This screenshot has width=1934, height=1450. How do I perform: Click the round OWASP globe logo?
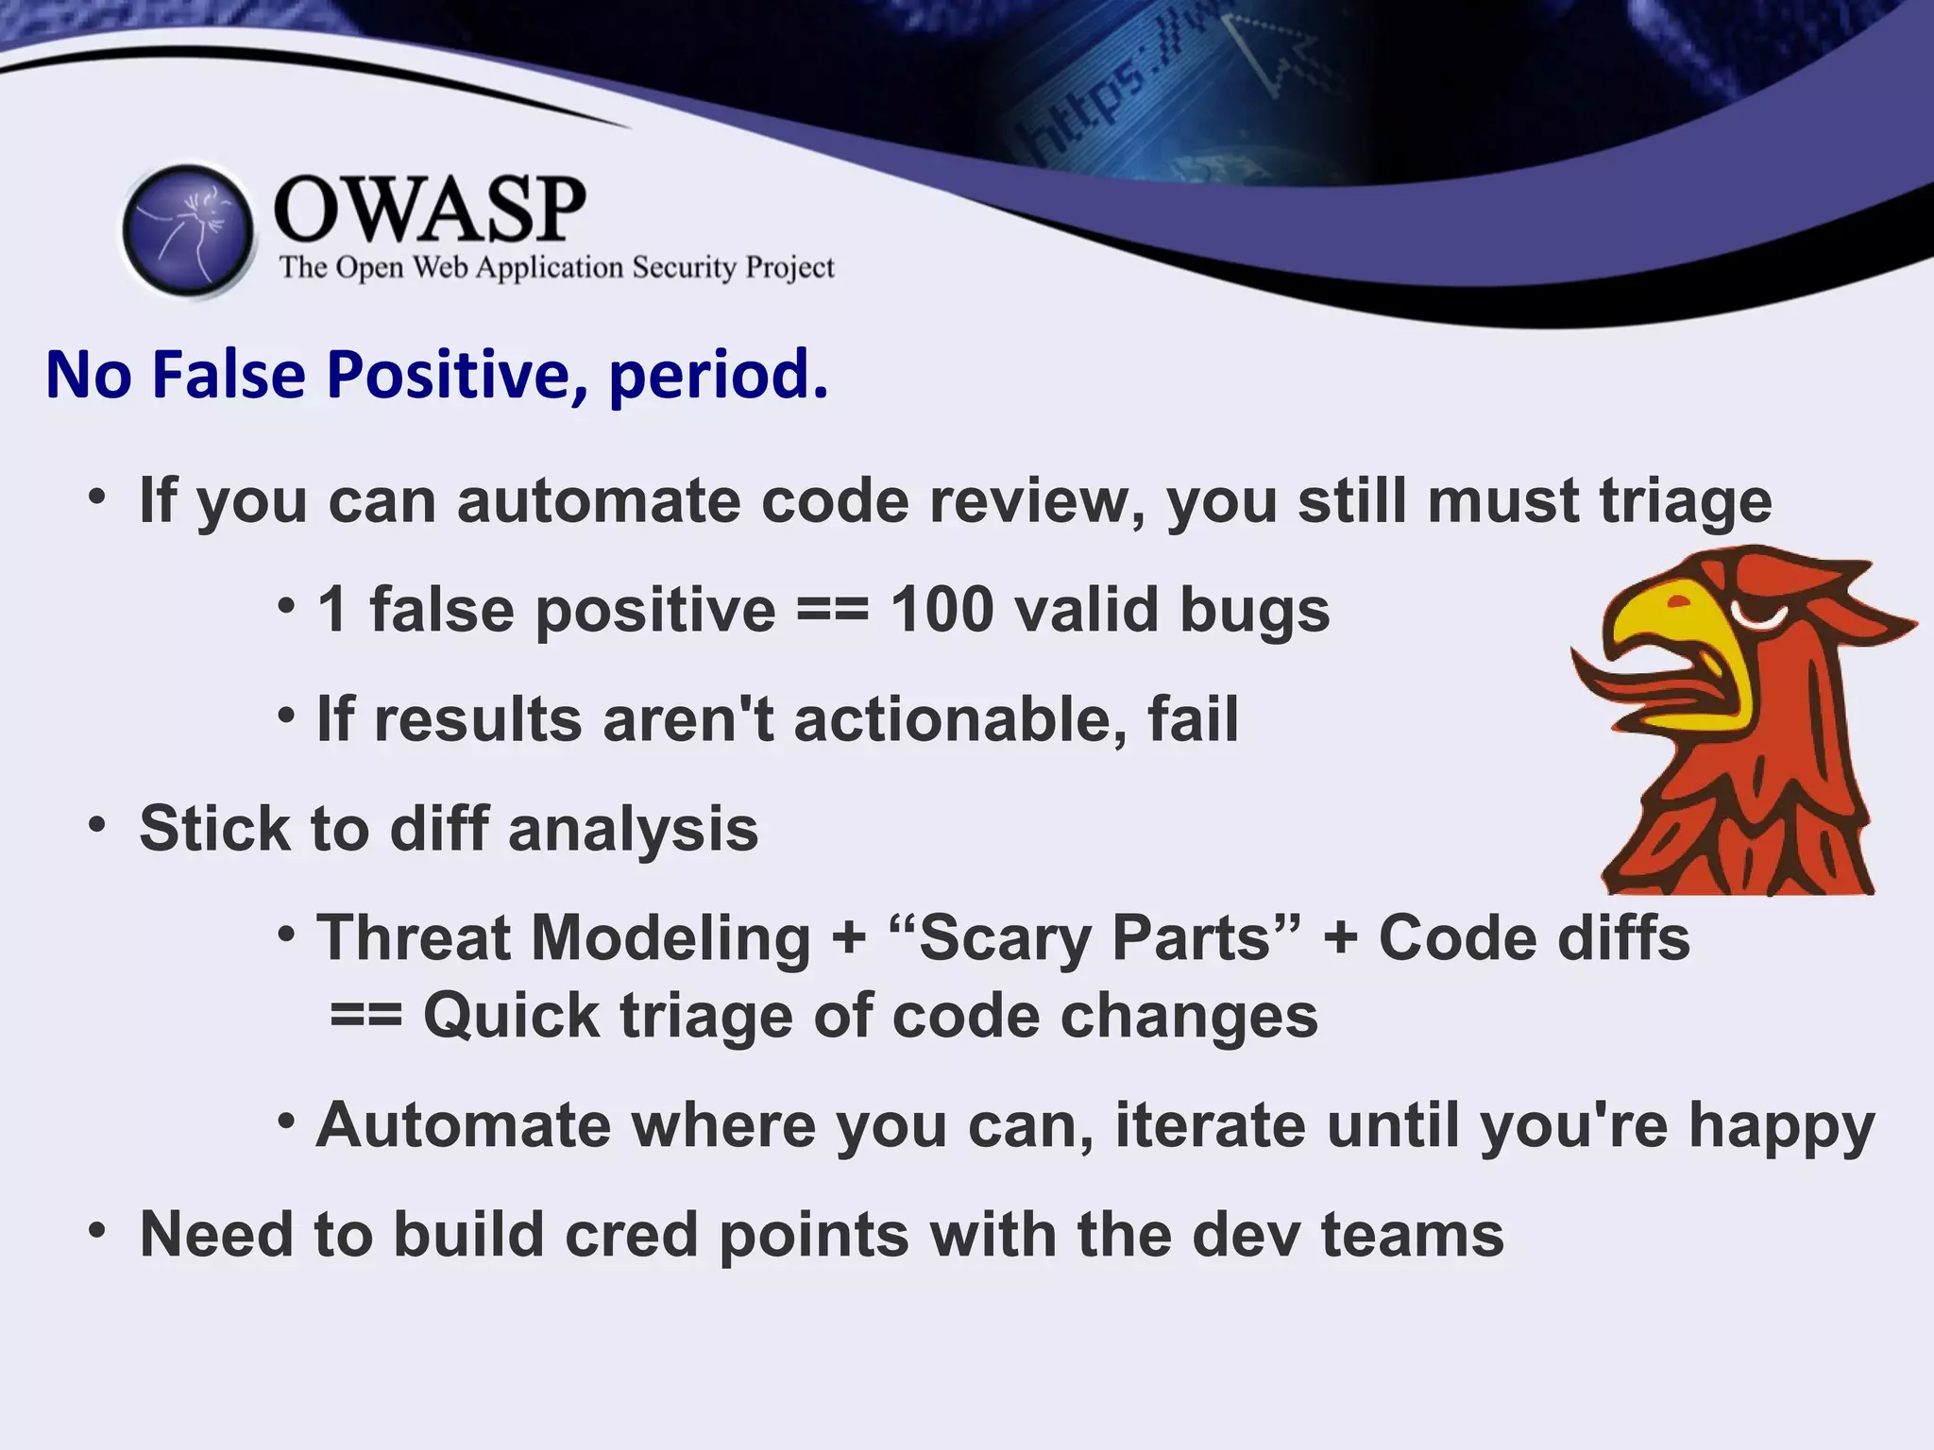(189, 230)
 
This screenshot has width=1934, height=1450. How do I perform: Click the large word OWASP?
(430, 210)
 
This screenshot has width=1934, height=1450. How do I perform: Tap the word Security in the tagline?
(684, 268)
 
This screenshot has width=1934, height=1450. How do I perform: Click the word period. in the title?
(719, 375)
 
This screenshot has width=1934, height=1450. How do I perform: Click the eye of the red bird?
(1758, 614)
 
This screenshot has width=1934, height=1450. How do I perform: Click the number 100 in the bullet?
(942, 610)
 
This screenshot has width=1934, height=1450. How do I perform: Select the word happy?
(1781, 1126)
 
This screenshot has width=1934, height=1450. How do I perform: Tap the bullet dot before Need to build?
(96, 1230)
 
